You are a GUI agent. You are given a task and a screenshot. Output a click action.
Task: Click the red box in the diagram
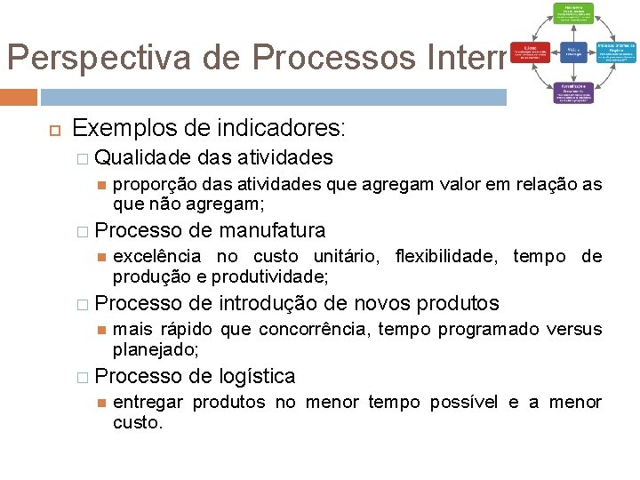tap(531, 52)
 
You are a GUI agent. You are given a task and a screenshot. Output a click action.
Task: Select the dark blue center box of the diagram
tap(572, 52)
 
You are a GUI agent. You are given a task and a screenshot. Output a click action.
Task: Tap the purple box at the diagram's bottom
tap(572, 92)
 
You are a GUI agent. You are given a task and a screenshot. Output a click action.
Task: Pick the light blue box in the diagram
tap(615, 52)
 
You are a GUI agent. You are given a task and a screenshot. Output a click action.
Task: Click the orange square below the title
tap(19, 97)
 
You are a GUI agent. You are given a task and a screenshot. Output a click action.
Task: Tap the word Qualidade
tap(142, 158)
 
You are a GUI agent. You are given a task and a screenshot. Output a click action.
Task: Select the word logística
tap(257, 377)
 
